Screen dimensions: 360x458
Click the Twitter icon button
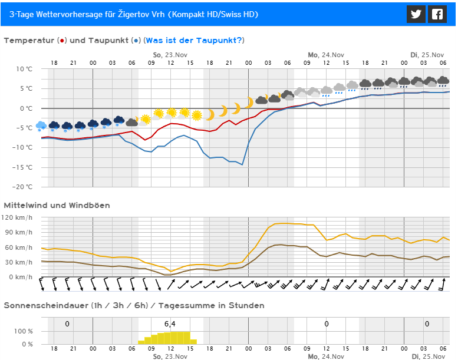click(x=416, y=14)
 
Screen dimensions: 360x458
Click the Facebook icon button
click(x=437, y=14)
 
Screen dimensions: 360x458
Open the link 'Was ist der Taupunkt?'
click(x=193, y=40)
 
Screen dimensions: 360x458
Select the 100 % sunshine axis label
click(x=23, y=332)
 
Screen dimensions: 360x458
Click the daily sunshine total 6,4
click(x=170, y=323)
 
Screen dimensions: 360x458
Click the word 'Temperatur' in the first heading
click(x=29, y=40)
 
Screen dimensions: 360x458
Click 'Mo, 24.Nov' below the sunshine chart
click(x=326, y=356)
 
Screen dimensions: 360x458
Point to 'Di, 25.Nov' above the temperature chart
click(x=427, y=55)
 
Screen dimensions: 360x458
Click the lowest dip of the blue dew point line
click(x=242, y=164)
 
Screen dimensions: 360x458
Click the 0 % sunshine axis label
click(x=27, y=344)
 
